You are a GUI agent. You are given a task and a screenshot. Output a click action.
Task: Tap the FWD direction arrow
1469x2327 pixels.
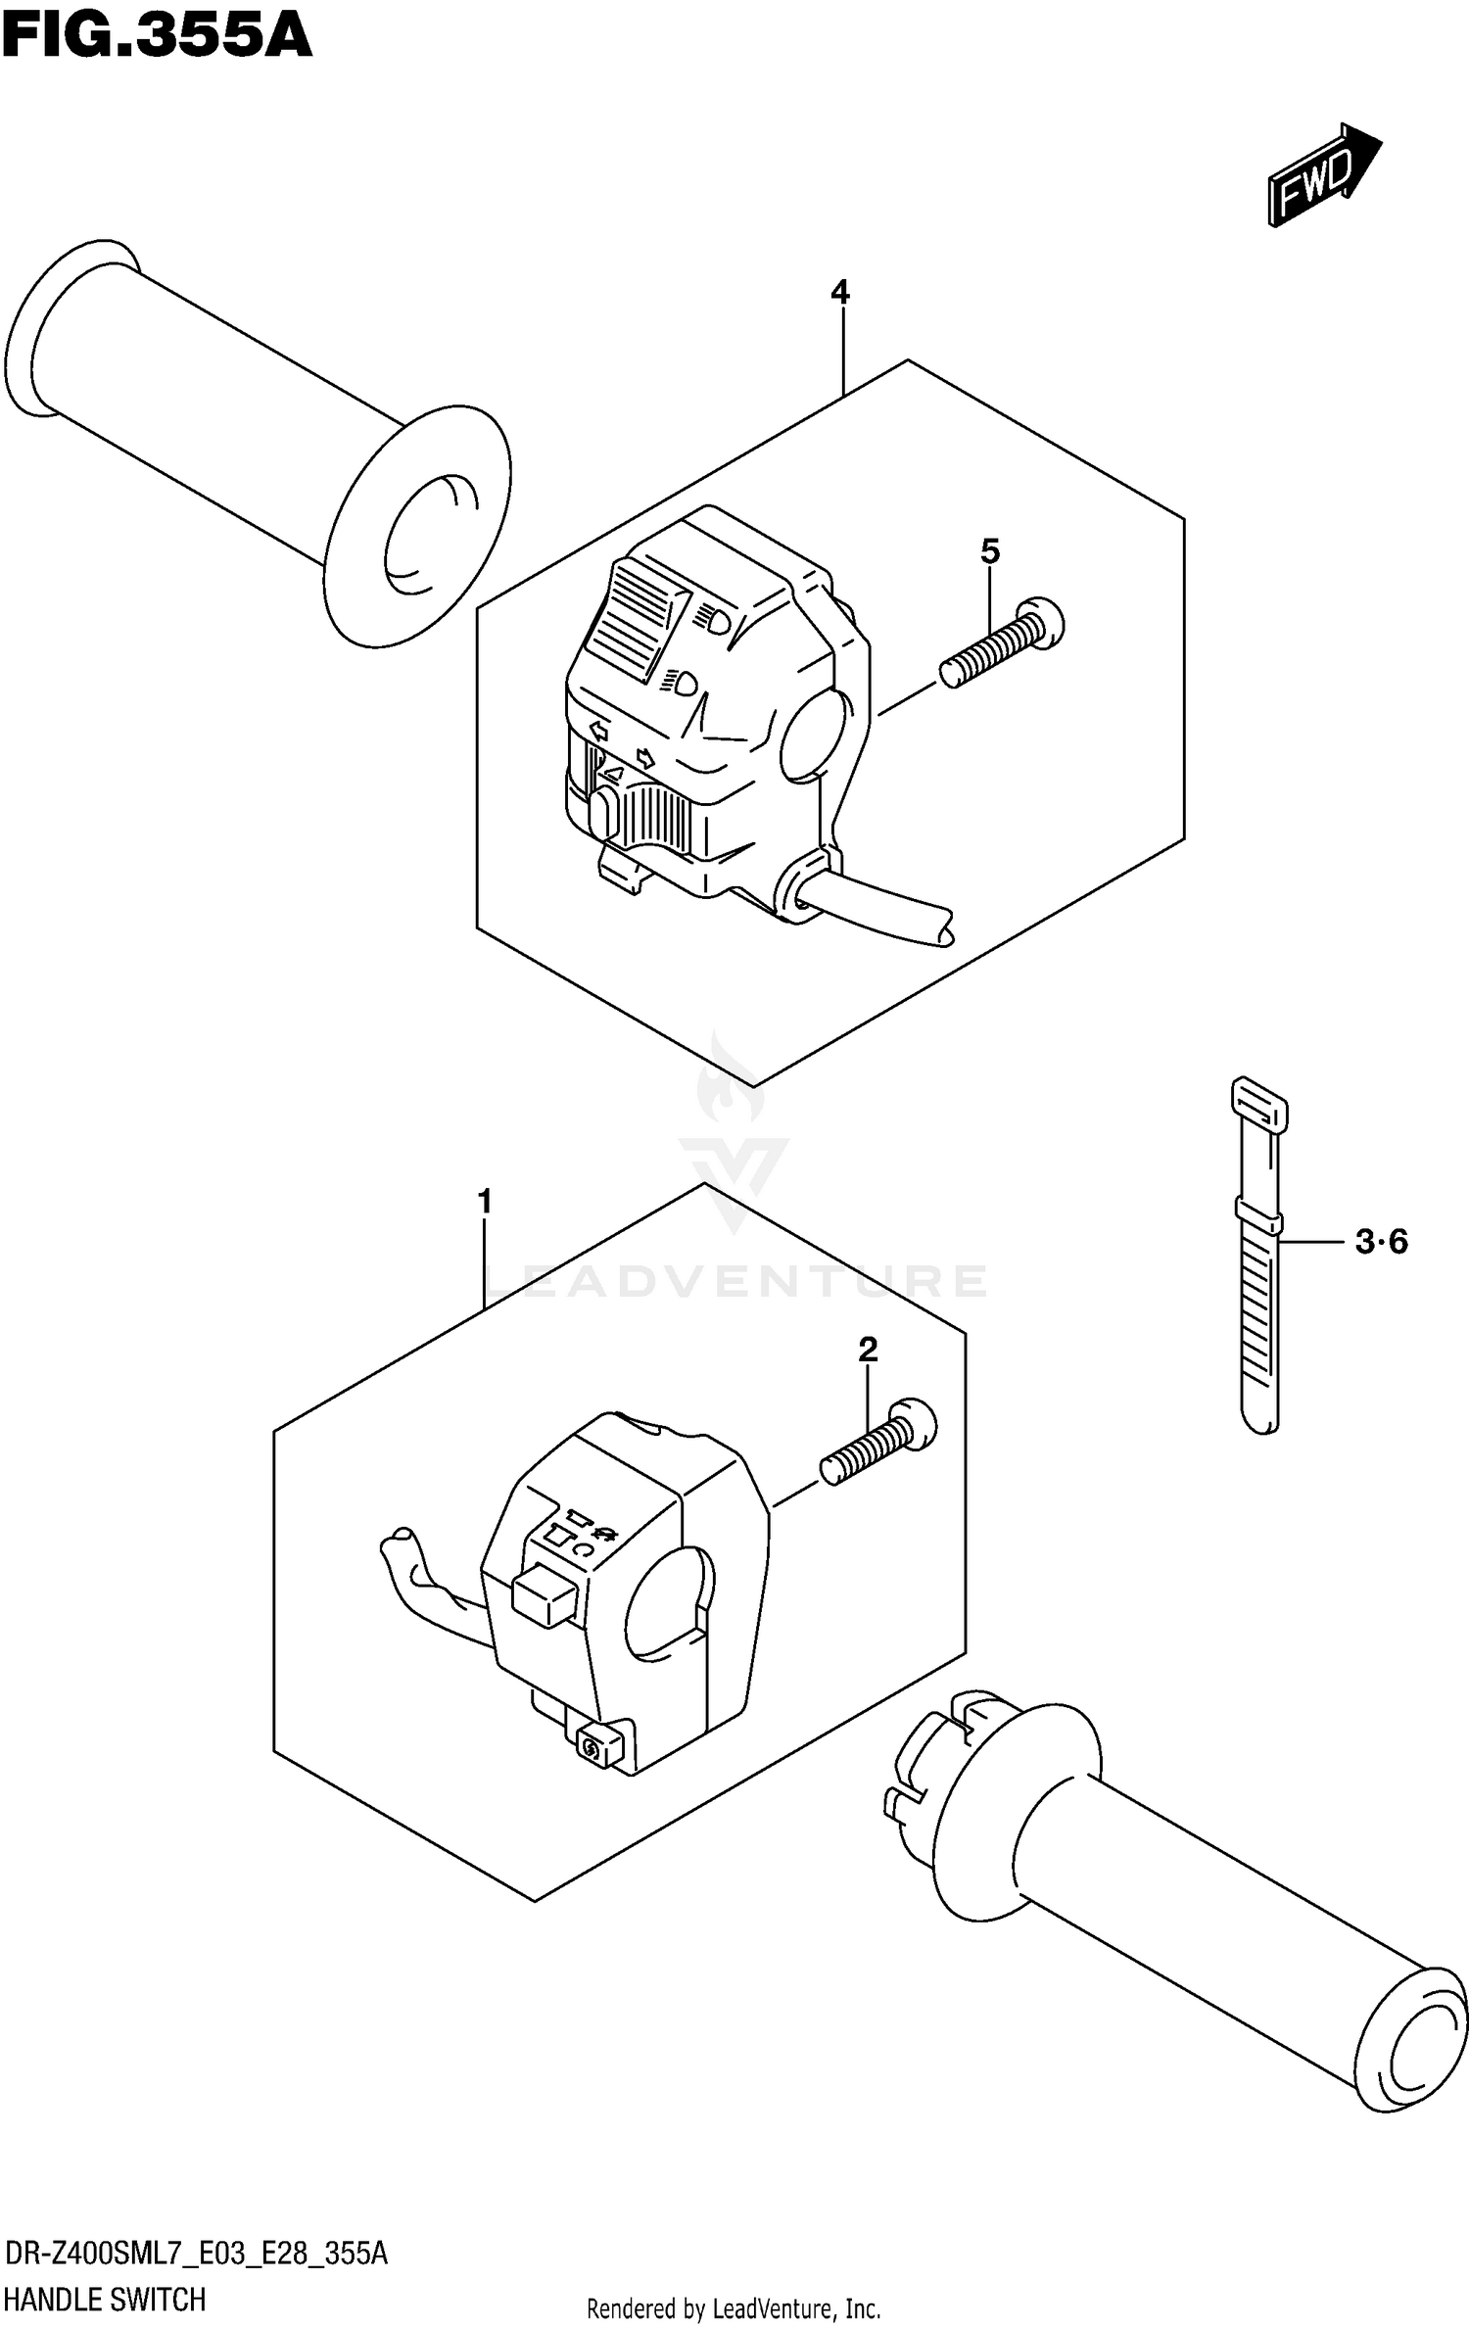coord(1322,176)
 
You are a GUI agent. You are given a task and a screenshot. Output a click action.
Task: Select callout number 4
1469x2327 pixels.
coord(840,292)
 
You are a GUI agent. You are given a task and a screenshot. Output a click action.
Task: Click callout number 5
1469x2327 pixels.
coord(990,551)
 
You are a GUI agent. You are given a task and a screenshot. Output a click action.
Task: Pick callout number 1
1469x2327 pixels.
coord(484,1201)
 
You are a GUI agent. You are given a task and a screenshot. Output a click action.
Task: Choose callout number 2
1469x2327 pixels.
coord(868,1350)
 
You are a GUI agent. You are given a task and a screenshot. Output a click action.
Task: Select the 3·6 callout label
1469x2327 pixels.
coord(1382,1242)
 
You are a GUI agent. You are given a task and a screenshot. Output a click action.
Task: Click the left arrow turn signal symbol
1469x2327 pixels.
coord(597,730)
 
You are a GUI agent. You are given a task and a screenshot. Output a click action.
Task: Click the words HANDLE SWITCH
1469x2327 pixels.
coord(105,2299)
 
